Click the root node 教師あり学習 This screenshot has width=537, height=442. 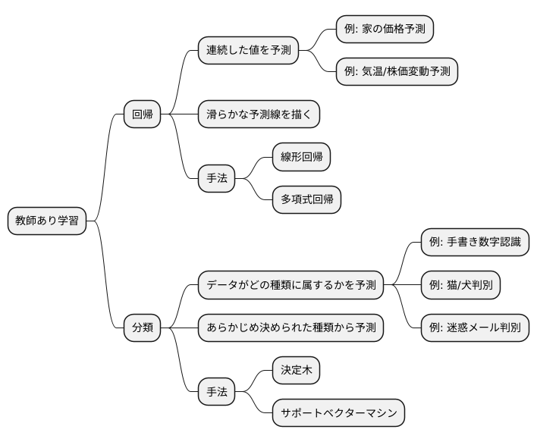[x=46, y=221]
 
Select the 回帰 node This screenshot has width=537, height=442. [x=143, y=114]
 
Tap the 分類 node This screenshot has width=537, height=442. [x=143, y=328]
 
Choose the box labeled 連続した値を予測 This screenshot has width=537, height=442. [x=248, y=51]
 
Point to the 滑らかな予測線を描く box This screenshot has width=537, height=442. [x=259, y=114]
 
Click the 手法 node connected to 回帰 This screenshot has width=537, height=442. [x=217, y=179]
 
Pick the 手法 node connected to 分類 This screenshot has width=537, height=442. [x=217, y=392]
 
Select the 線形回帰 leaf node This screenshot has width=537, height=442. [x=302, y=158]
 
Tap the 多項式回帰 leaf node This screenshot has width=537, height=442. [x=306, y=200]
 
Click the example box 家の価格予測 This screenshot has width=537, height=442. [x=385, y=30]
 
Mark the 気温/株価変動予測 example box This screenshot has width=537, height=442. [x=397, y=72]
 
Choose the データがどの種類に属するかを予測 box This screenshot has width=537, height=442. [x=290, y=285]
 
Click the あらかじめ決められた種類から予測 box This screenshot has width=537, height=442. [x=290, y=328]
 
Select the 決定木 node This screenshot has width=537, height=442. [x=297, y=371]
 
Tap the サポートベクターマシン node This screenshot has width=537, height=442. [x=338, y=413]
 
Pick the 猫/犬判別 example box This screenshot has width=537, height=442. [x=460, y=285]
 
